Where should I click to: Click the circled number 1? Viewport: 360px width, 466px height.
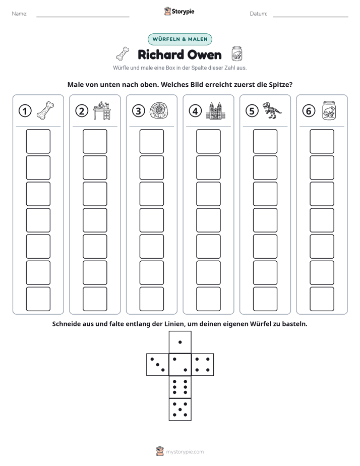click(25, 111)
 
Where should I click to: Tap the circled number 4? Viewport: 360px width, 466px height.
click(195, 111)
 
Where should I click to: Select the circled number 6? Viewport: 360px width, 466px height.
click(309, 111)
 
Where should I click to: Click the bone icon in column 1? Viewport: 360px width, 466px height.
click(45, 110)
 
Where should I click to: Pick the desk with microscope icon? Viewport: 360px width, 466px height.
click(102, 110)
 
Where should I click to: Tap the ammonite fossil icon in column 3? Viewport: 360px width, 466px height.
click(159, 111)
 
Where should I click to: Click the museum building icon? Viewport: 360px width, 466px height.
click(216, 110)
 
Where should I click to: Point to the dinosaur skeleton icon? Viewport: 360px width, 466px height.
click(272, 110)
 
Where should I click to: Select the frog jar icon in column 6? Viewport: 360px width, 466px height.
click(329, 110)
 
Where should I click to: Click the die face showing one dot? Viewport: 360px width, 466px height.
click(180, 342)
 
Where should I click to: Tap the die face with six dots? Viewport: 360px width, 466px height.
click(180, 387)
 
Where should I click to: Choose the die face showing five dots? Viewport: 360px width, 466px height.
click(180, 410)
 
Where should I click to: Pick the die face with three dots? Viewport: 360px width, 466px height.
click(158, 364)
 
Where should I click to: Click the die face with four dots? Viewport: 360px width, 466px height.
click(203, 364)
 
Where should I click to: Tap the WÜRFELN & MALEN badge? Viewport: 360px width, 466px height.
click(180, 39)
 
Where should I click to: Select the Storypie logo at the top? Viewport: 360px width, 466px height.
click(179, 11)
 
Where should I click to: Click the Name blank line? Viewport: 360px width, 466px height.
click(83, 17)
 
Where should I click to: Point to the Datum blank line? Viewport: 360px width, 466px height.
click(311, 17)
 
